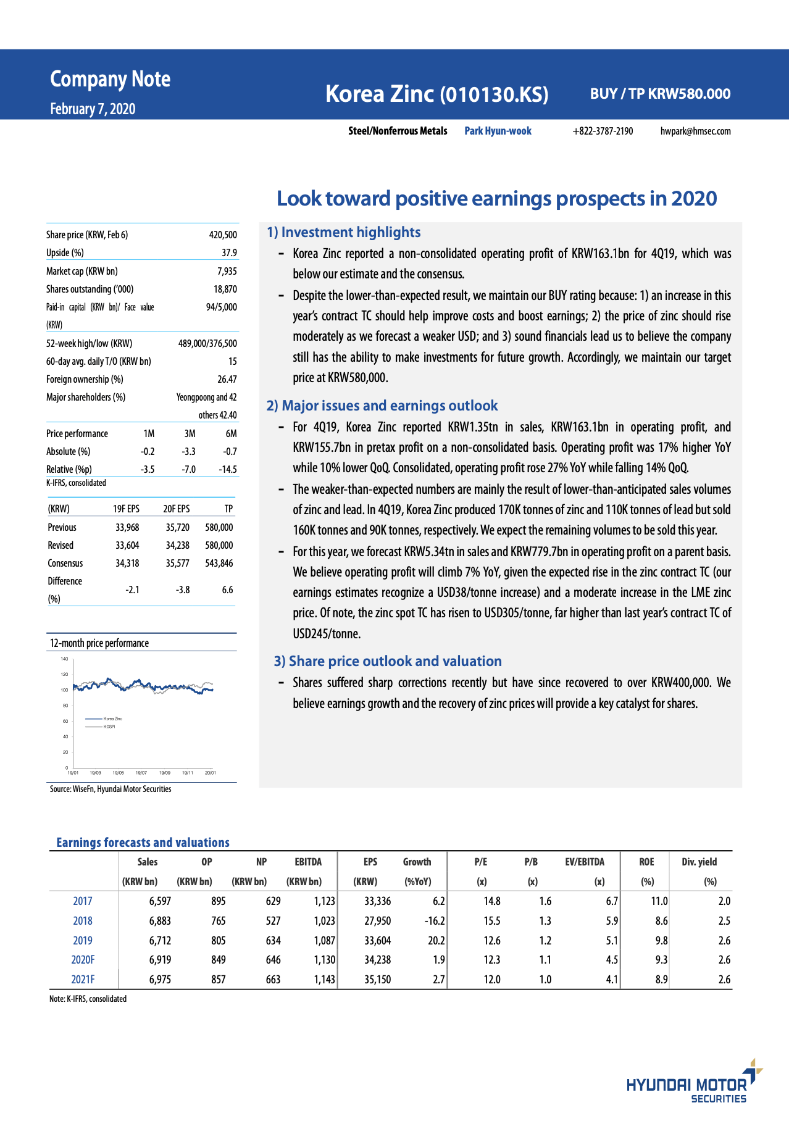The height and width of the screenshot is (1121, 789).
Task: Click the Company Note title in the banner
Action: pyautogui.click(x=110, y=80)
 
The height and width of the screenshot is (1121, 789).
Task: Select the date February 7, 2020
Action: pyautogui.click(x=93, y=109)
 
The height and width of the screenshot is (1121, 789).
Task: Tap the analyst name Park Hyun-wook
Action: pyautogui.click(x=498, y=131)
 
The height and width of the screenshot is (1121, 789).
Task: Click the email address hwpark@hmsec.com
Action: pyautogui.click(x=695, y=131)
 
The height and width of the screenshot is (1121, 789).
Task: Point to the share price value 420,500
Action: pyautogui.click(x=223, y=235)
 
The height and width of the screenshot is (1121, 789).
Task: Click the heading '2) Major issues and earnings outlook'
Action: pyautogui.click(x=382, y=406)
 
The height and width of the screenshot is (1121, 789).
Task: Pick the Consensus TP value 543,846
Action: pyautogui.click(x=219, y=563)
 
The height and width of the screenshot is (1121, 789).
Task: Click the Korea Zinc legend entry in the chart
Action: pyautogui.click(x=112, y=719)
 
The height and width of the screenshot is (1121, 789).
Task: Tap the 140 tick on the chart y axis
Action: pyautogui.click(x=64, y=659)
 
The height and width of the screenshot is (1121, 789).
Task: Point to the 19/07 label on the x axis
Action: pyautogui.click(x=141, y=773)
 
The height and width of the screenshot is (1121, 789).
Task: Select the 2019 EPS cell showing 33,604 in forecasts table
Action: pyautogui.click(x=377, y=940)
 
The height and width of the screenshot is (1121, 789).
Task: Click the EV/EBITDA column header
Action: pyautogui.click(x=584, y=862)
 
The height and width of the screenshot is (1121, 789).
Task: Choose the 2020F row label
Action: pyautogui.click(x=83, y=960)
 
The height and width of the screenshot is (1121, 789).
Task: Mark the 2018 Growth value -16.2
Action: pyautogui.click(x=434, y=920)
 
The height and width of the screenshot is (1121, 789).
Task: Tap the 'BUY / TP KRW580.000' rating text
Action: pyautogui.click(x=660, y=94)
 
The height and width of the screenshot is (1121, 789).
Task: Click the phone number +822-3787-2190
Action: pyautogui.click(x=603, y=131)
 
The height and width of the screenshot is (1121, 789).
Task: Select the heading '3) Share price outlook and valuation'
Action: pyautogui.click(x=388, y=661)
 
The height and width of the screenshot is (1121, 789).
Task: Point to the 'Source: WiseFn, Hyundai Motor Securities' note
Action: pyautogui.click(x=111, y=789)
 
